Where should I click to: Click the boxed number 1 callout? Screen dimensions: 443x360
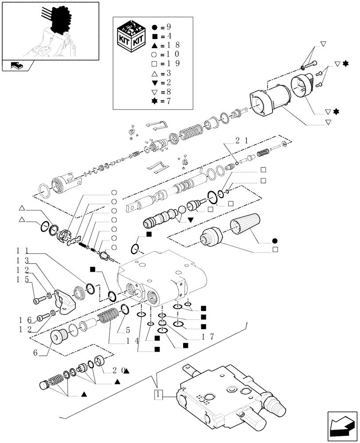click(x=158, y=393)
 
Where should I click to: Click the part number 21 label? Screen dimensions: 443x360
click(x=239, y=141)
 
